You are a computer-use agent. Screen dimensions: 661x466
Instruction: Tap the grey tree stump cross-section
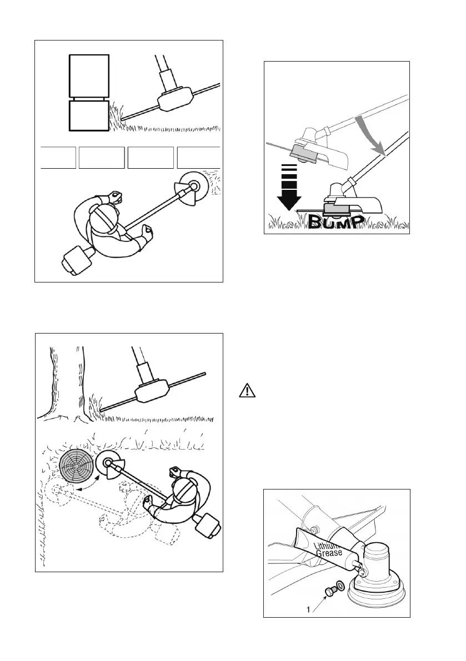pos(77,465)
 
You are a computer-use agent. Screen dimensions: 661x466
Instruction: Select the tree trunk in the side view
pos(67,377)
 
